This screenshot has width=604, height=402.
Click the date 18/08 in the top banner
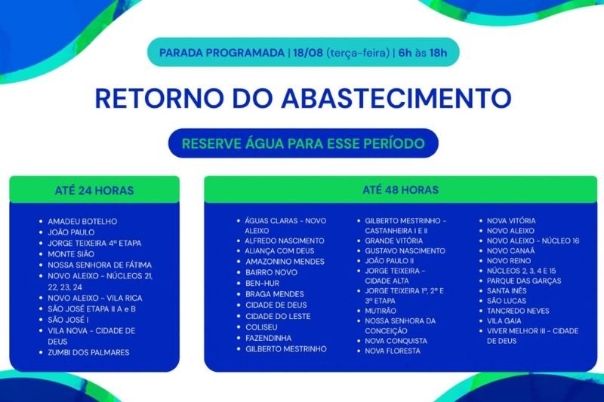[x=308, y=52]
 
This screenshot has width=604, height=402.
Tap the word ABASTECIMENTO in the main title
[x=396, y=98]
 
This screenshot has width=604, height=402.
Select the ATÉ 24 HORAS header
[x=94, y=190]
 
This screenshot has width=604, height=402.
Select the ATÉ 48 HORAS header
[x=401, y=189]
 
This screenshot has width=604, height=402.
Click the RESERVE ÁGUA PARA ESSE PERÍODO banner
[x=304, y=143]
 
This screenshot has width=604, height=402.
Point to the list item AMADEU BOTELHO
[x=82, y=222]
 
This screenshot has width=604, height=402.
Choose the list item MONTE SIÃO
[x=71, y=254]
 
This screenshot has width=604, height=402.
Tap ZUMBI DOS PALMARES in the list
[x=88, y=352]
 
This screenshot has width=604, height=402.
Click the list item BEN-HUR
[x=262, y=283]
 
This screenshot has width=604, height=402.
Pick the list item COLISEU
[x=261, y=327]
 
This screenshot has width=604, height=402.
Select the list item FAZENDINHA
[x=269, y=338]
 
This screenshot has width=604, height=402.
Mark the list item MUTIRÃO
[x=381, y=311]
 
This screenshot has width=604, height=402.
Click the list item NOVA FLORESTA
[x=393, y=351]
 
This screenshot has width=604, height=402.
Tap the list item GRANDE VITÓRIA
[x=393, y=241]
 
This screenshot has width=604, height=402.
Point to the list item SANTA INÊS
[x=507, y=291]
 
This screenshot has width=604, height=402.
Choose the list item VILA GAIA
[x=504, y=321]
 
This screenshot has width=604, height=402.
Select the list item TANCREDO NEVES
[x=518, y=311]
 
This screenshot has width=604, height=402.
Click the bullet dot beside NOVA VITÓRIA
[x=481, y=221]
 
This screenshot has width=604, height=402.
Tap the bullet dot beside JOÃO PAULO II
[x=359, y=261]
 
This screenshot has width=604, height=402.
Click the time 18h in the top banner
[x=438, y=52]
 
